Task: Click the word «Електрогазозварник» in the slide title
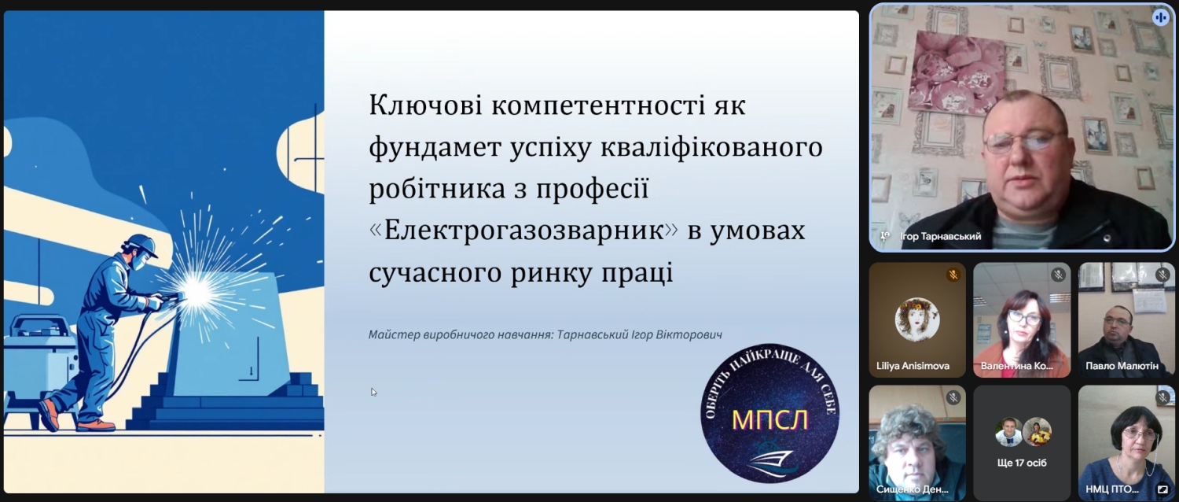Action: [523, 231]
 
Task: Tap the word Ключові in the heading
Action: [425, 105]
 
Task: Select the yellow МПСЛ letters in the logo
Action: [769, 420]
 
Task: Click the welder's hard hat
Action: [141, 245]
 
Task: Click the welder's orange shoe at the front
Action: [96, 425]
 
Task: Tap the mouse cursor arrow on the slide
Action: [373, 392]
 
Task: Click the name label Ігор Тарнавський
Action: [941, 237]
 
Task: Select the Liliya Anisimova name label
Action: [913, 366]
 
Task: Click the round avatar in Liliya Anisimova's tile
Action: [917, 319]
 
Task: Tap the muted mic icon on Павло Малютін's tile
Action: [1162, 275]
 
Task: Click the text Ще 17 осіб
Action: [1022, 463]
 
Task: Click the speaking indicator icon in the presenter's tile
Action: [1160, 17]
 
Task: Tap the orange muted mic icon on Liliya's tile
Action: [953, 275]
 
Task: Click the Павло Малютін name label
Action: [1122, 366]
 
